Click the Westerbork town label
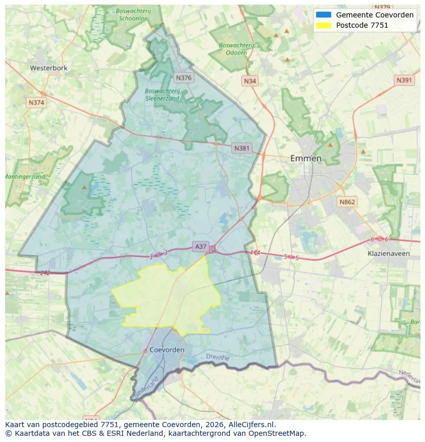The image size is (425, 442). click(x=49, y=68)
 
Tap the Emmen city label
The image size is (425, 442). click(x=306, y=158)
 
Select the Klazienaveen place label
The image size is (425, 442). click(x=389, y=253)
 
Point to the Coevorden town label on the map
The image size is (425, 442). click(x=167, y=350)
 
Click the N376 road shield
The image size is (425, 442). click(x=183, y=78)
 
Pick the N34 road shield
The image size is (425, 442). click(x=250, y=81)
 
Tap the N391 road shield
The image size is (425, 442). click(x=404, y=80)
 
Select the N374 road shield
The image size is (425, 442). click(x=36, y=102)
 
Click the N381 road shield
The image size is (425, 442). click(x=242, y=148)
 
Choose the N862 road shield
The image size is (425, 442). click(x=347, y=202)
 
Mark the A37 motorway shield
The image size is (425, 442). click(x=200, y=246)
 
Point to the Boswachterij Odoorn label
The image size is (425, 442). click(x=236, y=48)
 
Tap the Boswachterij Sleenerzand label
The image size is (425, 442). click(x=162, y=94)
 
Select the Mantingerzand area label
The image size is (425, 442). click(x=25, y=177)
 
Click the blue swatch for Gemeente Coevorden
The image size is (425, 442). click(x=324, y=15)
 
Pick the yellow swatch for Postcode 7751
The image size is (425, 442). click(x=324, y=25)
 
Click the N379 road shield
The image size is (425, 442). click(x=382, y=7)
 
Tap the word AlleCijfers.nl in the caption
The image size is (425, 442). click(x=251, y=425)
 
